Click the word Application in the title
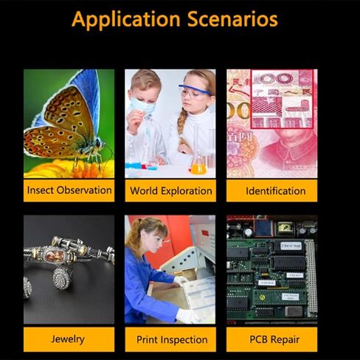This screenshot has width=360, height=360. (126, 20)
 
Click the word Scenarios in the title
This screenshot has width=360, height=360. (232, 19)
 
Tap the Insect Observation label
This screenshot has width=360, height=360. (69, 190)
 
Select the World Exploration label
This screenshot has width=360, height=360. (171, 191)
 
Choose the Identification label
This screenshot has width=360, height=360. (276, 191)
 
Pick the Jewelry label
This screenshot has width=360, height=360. (68, 339)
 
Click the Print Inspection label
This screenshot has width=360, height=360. (172, 340)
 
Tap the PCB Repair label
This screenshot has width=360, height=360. (274, 339)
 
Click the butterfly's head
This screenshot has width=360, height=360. (98, 143)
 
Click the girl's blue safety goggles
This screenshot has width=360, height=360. (195, 91)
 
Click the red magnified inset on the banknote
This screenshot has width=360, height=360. (283, 99)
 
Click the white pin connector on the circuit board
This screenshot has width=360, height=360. (311, 277)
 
